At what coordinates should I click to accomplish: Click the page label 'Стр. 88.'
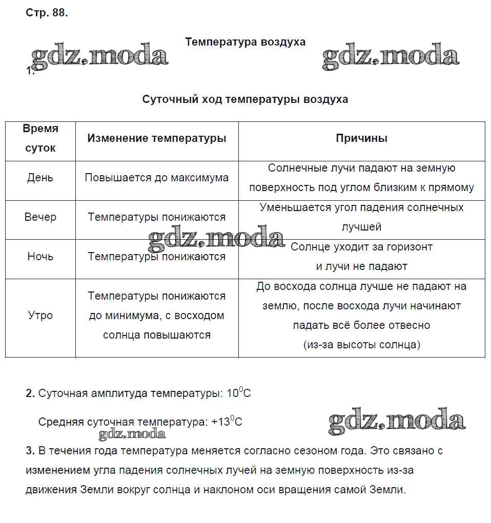tap(47, 13)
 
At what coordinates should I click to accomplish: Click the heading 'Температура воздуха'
tap(245, 41)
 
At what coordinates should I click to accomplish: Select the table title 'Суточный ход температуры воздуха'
tap(245, 99)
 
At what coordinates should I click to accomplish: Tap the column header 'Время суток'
tap(40, 138)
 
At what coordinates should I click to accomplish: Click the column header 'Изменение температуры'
tap(156, 138)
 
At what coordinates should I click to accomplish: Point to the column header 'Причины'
tap(361, 138)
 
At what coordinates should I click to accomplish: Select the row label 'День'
tap(40, 178)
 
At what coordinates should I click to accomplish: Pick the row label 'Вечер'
tap(40, 217)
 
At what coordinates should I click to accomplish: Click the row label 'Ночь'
tap(40, 256)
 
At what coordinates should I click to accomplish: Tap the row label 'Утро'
tap(40, 315)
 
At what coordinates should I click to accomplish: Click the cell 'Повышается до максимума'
tap(156, 178)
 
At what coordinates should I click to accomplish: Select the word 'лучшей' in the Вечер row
tap(361, 227)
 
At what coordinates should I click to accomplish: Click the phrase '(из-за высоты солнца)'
tap(361, 345)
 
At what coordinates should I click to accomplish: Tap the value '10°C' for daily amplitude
tap(238, 393)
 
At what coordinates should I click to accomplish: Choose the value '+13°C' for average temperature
tap(227, 422)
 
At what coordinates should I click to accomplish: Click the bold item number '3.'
tap(30, 451)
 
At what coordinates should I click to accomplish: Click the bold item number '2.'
tap(30, 394)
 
